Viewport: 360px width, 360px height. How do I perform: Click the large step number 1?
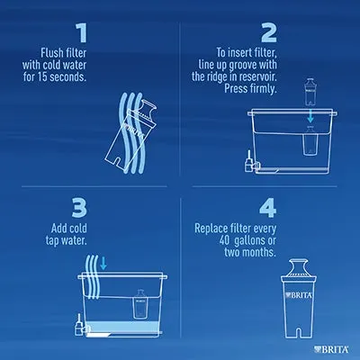(x=82, y=33)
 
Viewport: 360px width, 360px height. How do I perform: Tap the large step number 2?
(x=269, y=33)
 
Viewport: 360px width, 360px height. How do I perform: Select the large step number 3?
(x=79, y=209)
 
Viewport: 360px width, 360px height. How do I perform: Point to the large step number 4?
(x=268, y=209)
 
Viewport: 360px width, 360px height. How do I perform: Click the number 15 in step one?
(x=42, y=77)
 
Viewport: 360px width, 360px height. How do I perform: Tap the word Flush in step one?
(x=50, y=53)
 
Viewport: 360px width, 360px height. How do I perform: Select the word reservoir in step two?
(x=257, y=76)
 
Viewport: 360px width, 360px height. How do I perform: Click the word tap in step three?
(x=52, y=240)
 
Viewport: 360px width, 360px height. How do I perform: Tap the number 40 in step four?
(x=224, y=240)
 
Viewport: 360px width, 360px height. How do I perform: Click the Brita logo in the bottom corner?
(x=331, y=349)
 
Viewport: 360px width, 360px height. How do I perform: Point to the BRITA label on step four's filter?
(x=299, y=295)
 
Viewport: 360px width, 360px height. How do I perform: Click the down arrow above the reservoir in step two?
(x=310, y=117)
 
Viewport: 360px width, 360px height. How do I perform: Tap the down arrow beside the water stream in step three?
(x=103, y=263)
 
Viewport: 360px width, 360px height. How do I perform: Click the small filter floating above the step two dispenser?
(x=310, y=92)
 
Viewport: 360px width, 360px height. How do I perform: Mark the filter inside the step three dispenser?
(x=139, y=303)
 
